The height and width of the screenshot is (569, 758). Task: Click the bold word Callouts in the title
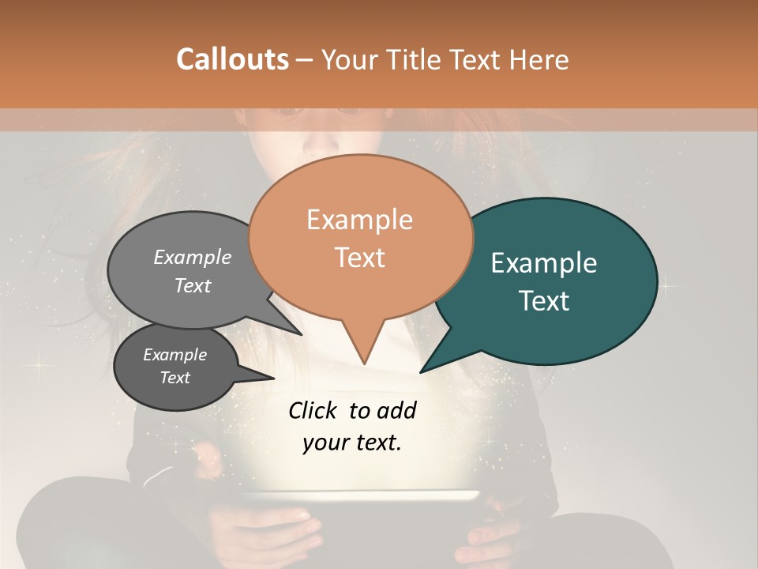[x=232, y=59]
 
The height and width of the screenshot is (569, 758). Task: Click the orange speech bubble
[x=360, y=237]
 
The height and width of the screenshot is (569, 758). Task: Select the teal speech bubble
[x=553, y=281]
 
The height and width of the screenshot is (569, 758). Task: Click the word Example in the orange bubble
[x=359, y=220]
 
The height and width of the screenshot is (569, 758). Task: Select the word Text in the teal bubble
[x=545, y=301]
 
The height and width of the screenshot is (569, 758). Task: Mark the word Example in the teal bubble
[x=544, y=263]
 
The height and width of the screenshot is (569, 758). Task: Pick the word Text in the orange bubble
[x=360, y=258]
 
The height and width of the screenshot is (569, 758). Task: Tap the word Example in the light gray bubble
[x=193, y=258]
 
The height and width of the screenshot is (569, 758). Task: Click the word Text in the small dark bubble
[x=175, y=378]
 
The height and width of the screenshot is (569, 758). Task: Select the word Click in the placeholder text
[x=314, y=410]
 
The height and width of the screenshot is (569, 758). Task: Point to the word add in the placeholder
[x=396, y=410]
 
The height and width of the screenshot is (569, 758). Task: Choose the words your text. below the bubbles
[x=351, y=443]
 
